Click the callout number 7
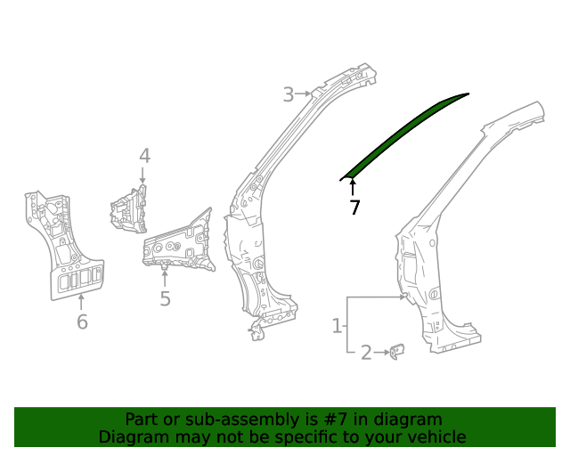tap(354, 208)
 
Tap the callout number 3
tap(289, 94)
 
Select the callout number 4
tap(144, 157)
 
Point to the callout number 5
tap(165, 298)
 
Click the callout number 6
tap(82, 322)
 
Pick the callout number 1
tap(338, 326)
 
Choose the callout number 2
tap(366, 354)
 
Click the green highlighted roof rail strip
tap(405, 133)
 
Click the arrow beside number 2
tap(383, 354)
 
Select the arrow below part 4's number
tap(143, 177)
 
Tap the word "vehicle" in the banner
tap(436, 436)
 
